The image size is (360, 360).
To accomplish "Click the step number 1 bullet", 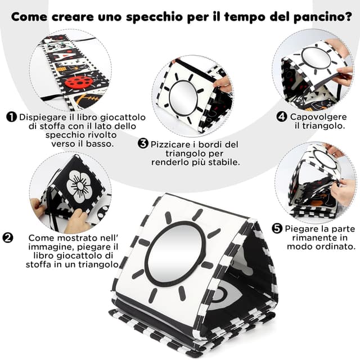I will tap(11, 117).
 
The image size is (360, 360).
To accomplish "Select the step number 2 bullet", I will tap(8, 237).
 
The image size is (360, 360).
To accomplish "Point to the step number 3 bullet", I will tap(143, 143).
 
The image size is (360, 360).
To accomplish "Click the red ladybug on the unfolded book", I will tap(79, 82).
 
